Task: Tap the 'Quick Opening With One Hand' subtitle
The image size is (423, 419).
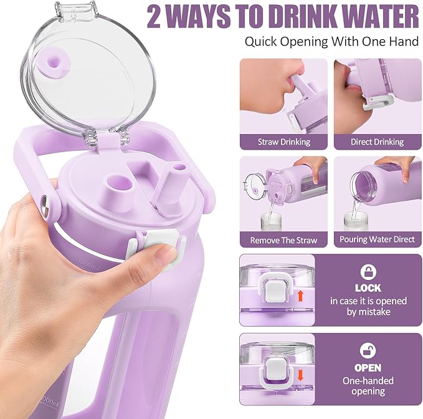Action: pyautogui.click(x=331, y=42)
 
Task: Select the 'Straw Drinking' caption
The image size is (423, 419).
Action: pyautogui.click(x=284, y=142)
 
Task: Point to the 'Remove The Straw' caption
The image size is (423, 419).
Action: pyautogui.click(x=284, y=239)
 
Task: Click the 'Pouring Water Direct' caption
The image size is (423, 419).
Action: pyautogui.click(x=378, y=239)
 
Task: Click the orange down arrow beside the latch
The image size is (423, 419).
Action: pyautogui.click(x=300, y=375)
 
